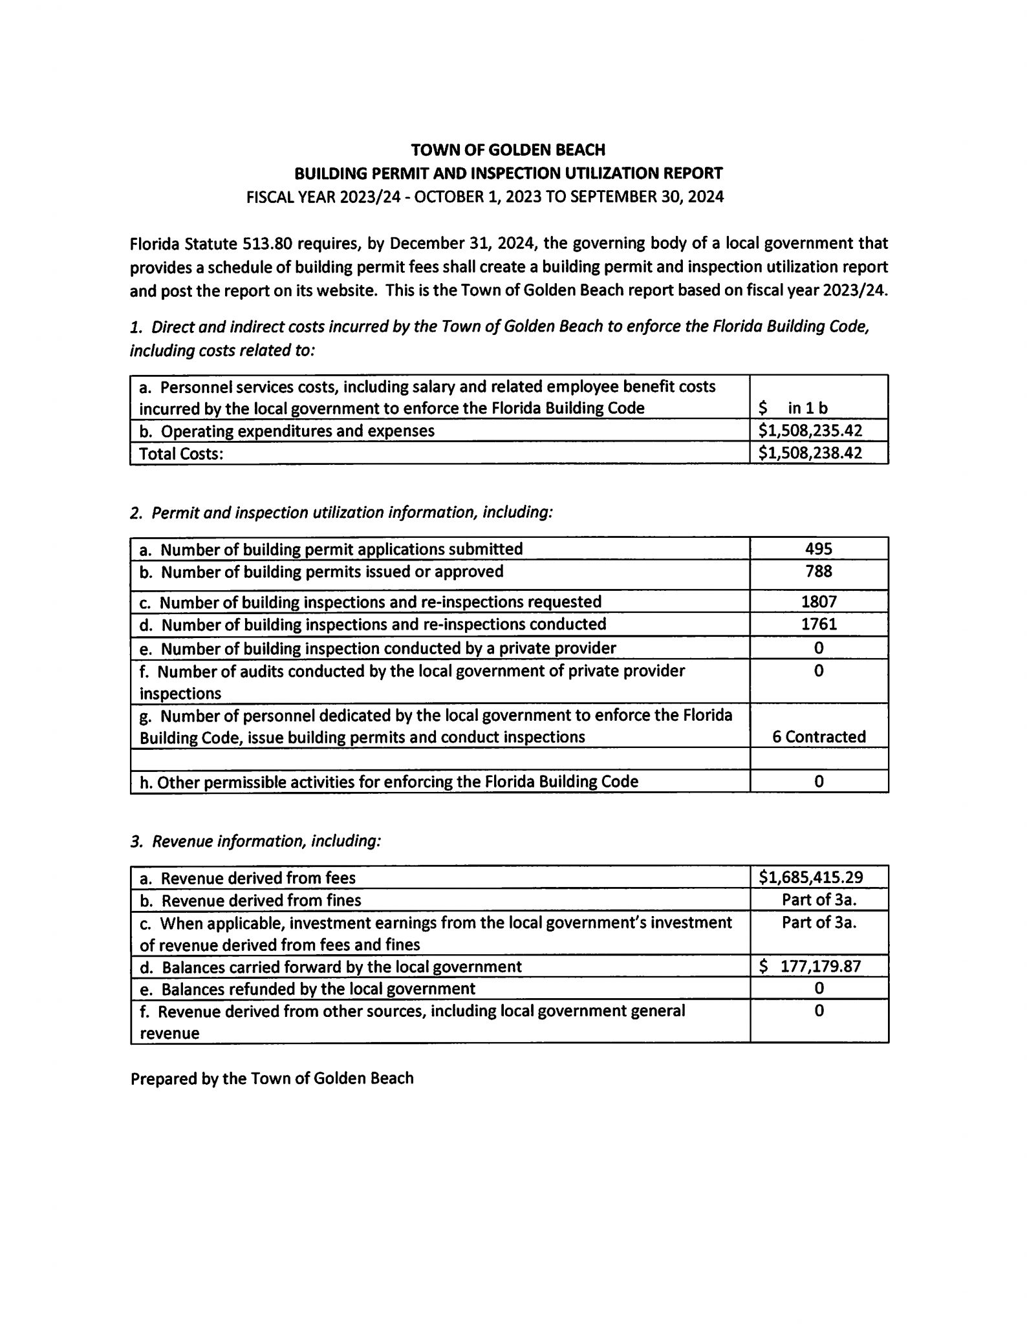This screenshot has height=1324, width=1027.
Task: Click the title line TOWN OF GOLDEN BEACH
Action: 508,150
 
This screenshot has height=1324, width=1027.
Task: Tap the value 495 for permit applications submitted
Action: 819,549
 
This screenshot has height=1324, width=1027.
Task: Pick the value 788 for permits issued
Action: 819,571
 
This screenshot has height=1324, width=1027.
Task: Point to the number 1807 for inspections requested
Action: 819,602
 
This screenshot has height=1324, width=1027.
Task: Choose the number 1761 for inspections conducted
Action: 819,624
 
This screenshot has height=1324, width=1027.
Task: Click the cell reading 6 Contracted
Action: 819,737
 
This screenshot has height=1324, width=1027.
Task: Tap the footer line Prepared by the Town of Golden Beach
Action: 272,1078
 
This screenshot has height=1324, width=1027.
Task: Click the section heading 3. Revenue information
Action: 255,841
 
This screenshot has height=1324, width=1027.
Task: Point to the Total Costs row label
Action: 181,454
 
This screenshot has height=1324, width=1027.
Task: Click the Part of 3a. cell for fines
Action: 819,900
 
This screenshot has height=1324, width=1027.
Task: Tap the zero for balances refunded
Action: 819,988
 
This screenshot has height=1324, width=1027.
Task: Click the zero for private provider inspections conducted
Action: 819,648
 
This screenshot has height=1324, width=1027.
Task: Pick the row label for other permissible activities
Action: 389,782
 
